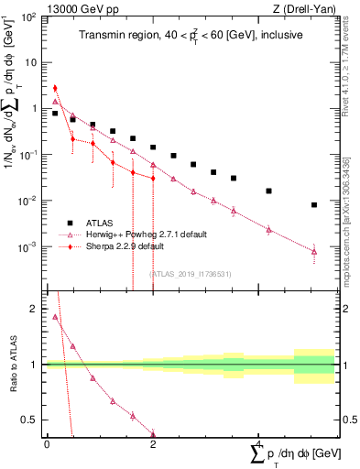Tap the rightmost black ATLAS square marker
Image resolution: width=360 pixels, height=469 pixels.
(314, 205)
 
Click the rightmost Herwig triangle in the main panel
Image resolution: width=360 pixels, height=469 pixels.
(314, 251)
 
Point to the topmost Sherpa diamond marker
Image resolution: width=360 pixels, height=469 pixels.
(55, 89)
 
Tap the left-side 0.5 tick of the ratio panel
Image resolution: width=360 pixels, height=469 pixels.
(30, 420)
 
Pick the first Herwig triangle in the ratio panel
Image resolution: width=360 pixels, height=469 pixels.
(55, 318)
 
